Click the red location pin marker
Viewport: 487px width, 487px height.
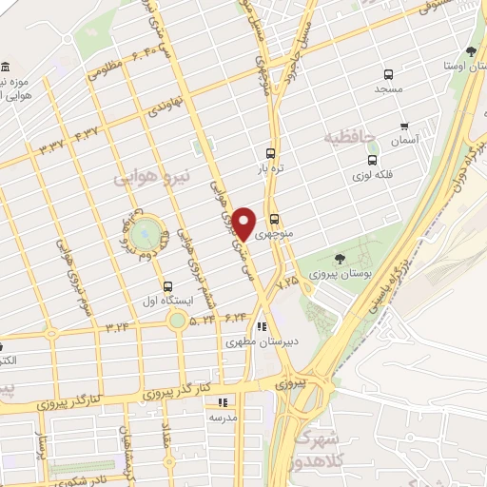(244, 224)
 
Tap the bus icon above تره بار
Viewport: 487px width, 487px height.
(271, 152)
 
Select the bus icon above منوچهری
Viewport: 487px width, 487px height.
(274, 217)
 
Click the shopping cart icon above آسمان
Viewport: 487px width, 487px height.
(404, 126)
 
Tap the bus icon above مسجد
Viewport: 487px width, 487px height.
(387, 75)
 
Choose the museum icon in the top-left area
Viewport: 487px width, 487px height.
(6, 67)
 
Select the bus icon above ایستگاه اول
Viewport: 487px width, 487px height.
(168, 286)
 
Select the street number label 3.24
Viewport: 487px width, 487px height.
(118, 327)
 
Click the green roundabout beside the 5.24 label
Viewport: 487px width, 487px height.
(178, 320)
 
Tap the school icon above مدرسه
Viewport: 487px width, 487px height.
(223, 402)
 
